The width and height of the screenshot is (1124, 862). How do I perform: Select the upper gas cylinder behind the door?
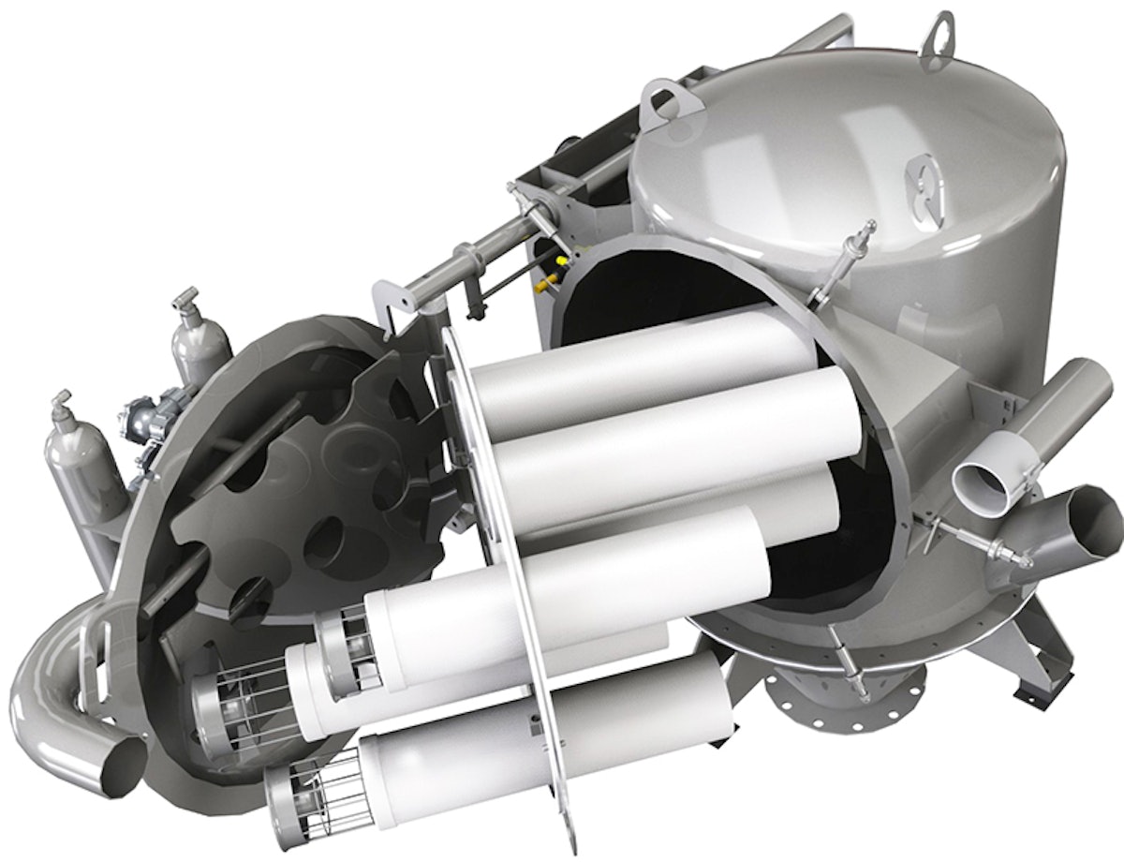point(200,337)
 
